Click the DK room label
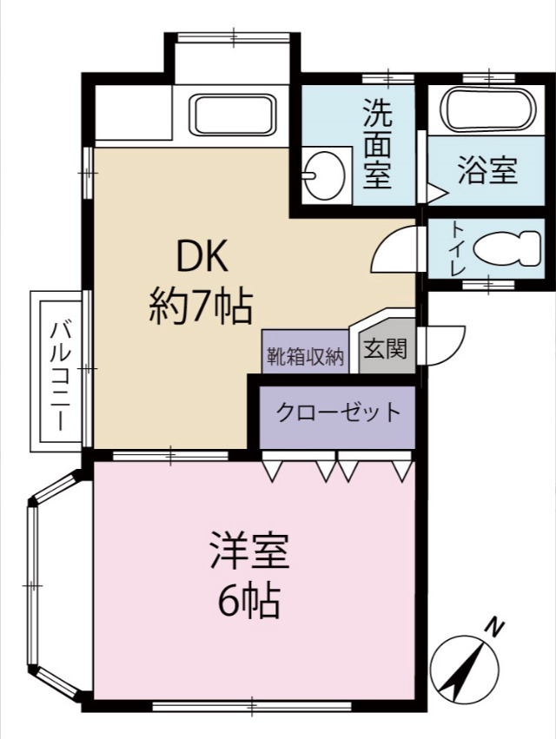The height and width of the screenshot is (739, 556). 202,258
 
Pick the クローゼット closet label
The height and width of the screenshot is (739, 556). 339,412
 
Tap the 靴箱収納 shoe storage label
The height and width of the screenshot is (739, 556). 305,356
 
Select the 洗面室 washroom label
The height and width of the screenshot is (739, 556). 377,143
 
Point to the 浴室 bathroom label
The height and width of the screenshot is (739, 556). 487,171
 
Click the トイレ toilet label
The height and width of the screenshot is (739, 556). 457,250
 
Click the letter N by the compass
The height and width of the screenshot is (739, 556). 495,625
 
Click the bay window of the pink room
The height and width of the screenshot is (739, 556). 35,585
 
